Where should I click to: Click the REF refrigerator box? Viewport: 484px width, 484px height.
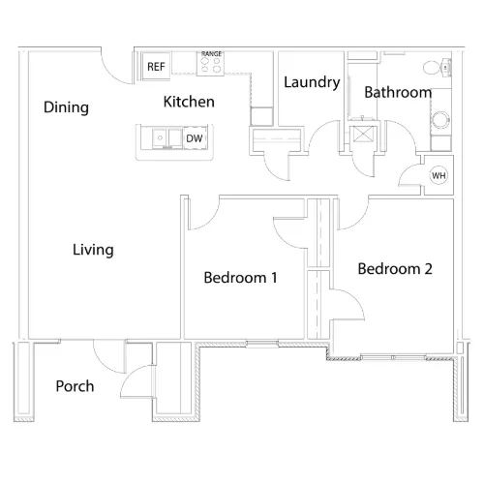pos(156,66)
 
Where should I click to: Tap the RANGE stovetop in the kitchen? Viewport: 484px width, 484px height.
pos(211,64)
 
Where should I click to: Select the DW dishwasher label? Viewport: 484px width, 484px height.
pos(195,138)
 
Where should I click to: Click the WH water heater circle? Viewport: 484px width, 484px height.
pos(439,175)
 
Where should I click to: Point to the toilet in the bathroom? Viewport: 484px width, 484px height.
pos(437,68)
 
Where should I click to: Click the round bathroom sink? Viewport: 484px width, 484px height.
pos(440,120)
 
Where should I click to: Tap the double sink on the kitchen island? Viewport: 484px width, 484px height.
pos(167,138)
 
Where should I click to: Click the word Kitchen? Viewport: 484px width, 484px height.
pos(189,102)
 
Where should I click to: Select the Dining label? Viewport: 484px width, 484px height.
pos(66,107)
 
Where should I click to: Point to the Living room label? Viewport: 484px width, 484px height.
pos(93,250)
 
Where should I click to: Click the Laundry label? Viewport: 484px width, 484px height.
pos(312,82)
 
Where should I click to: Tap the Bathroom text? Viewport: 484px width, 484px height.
pos(398,92)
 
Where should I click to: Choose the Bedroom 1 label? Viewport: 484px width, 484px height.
pos(240,278)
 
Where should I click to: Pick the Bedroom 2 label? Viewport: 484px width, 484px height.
pos(395,269)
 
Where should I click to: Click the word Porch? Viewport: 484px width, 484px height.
pos(75,386)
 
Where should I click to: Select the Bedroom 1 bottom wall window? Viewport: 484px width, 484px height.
pos(262,344)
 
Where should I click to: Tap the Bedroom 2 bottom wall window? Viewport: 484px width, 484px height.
pos(393,357)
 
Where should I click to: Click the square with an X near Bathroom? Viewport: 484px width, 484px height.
pos(363,135)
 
